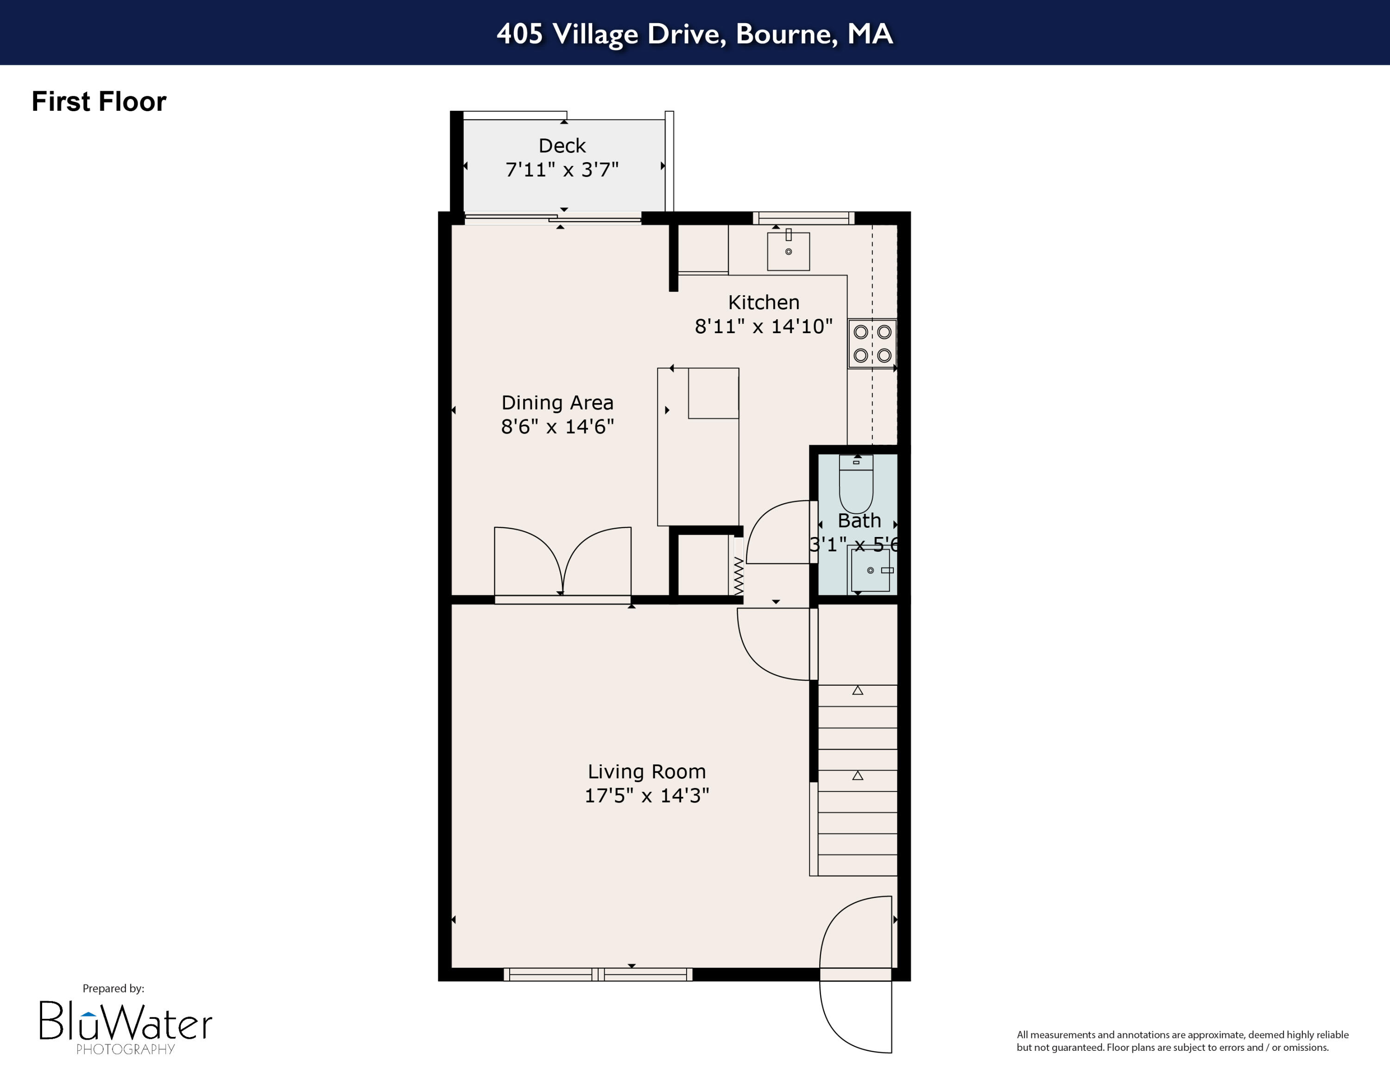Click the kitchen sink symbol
point(788,251)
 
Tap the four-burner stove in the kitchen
point(872,344)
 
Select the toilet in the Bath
point(856,484)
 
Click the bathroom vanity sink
point(870,570)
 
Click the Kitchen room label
point(763,302)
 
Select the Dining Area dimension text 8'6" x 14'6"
point(557,426)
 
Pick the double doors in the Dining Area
point(562,563)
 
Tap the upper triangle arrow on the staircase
point(857,690)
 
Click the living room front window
point(598,974)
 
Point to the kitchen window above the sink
point(803,218)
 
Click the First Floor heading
point(99,102)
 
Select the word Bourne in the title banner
point(787,34)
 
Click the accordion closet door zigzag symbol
point(738,576)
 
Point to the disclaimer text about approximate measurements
point(1182,1041)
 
